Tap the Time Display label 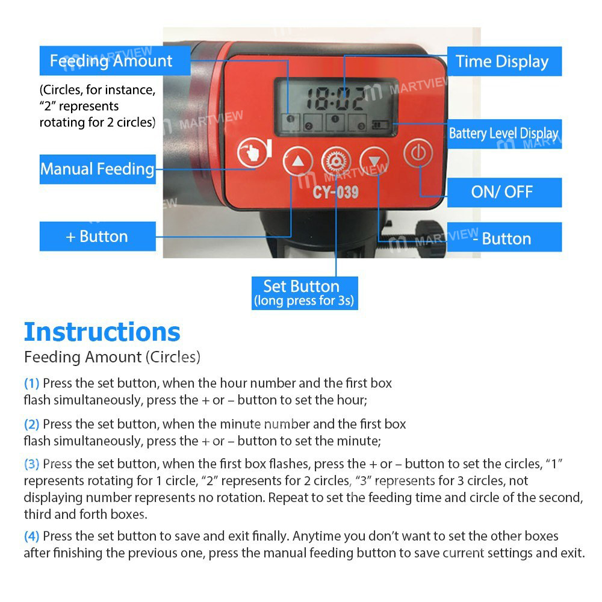coord(502,61)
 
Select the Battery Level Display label coord(503,134)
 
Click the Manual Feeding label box coord(98,169)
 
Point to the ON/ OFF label coord(502,192)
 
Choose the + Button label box coord(98,236)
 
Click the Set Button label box coord(305,293)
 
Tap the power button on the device coord(418,154)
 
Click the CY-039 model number coord(335,193)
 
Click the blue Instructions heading coord(102,332)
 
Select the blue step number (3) coord(31,464)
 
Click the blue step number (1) coord(31,383)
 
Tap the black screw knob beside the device coord(432,234)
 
